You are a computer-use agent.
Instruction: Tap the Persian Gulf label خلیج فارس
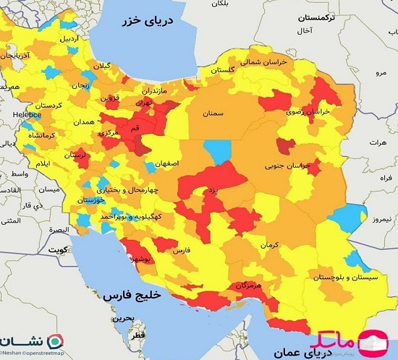click(x=128, y=296)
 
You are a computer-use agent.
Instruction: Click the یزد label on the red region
click(x=211, y=189)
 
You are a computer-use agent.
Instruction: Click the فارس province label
click(x=181, y=249)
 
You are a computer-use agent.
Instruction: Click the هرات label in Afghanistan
click(x=379, y=143)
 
